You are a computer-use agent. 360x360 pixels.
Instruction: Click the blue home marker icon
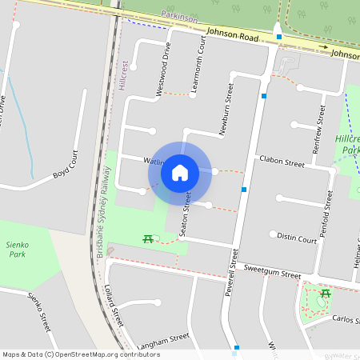pos(180,173)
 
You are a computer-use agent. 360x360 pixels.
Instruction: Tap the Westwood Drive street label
pos(163,70)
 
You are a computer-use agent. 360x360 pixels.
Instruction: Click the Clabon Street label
pos(282,162)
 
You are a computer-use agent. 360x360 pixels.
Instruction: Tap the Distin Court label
pos(297,237)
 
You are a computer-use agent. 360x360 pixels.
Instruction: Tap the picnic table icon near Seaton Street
pos(147,238)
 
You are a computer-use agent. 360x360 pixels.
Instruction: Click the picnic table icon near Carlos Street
pos(326,294)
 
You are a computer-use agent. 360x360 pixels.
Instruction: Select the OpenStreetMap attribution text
pos(81,354)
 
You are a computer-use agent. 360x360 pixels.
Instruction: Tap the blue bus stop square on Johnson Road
pos(278,36)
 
